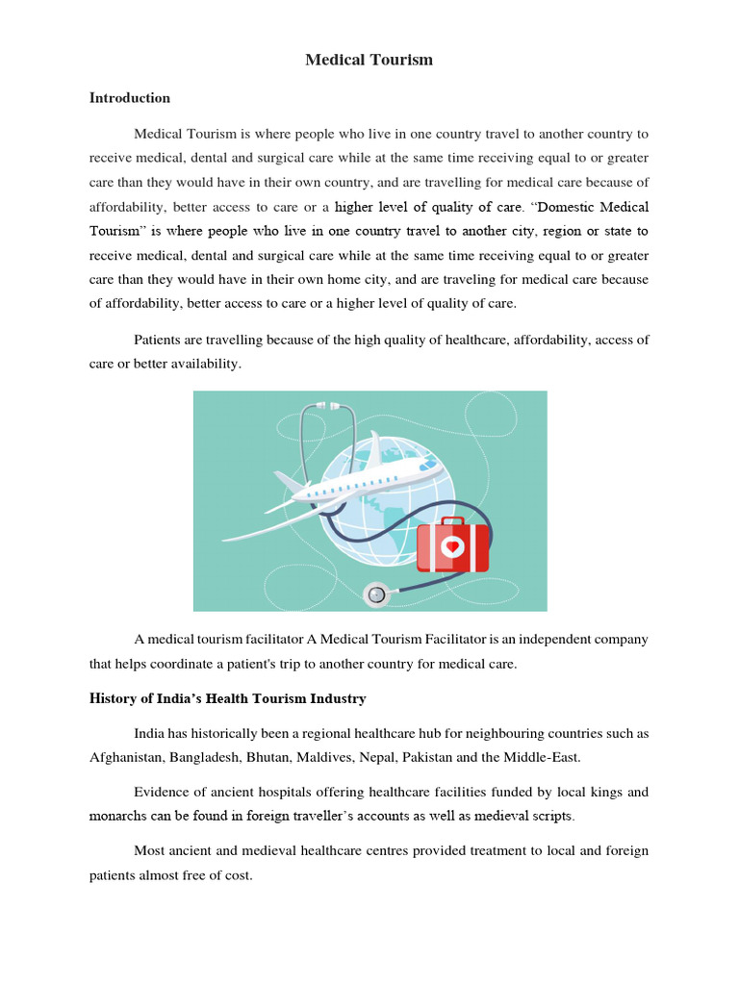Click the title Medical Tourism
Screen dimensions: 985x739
(369, 60)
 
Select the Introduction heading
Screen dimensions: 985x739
(130, 98)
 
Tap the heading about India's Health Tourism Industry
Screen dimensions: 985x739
(227, 698)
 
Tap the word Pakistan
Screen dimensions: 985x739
(439, 757)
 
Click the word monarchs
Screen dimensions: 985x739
(121, 816)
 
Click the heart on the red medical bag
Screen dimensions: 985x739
(452, 546)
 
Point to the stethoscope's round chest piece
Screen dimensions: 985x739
(376, 594)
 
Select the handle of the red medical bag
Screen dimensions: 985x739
(451, 518)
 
